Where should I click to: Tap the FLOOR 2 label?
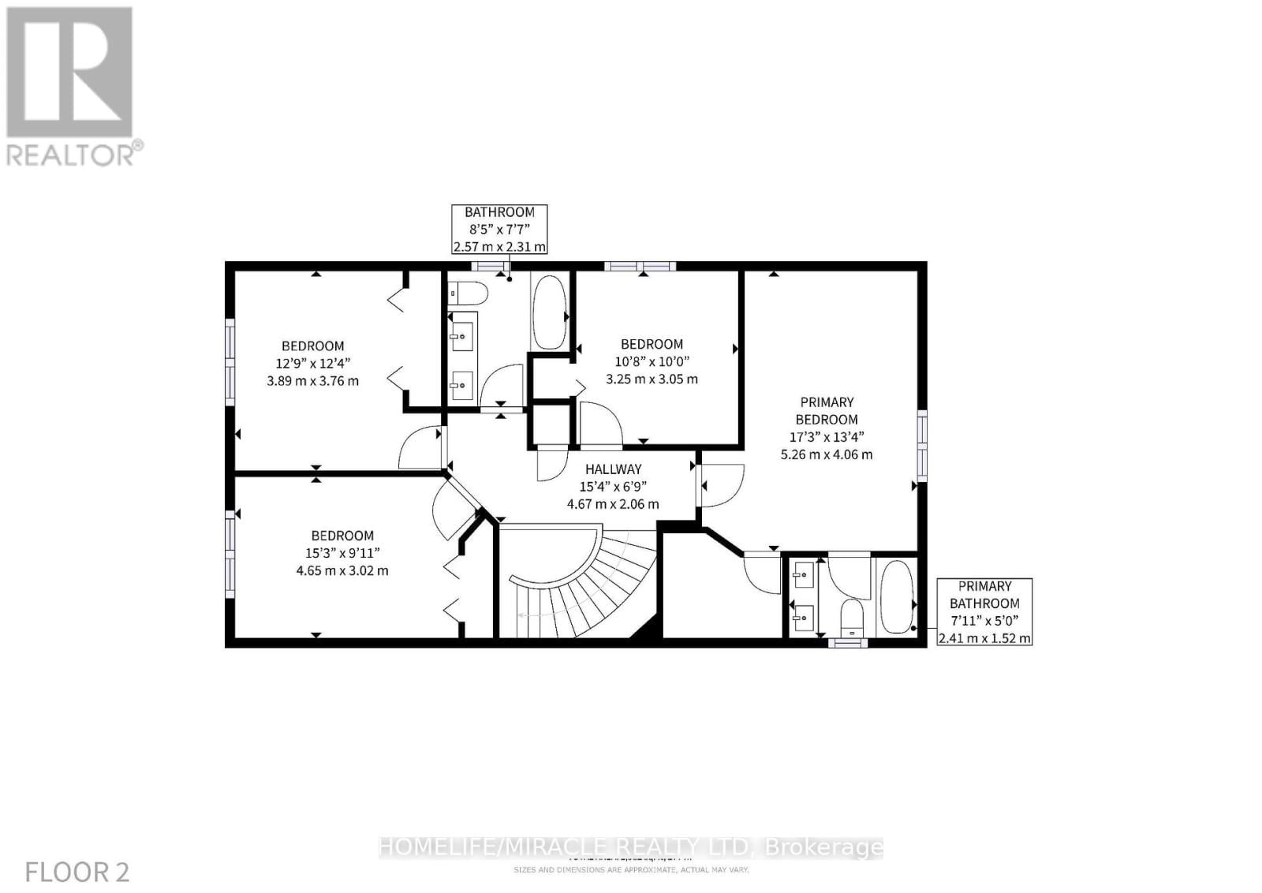pyautogui.click(x=77, y=872)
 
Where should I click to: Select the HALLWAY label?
pyautogui.click(x=613, y=469)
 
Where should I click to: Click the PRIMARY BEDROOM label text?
pyautogui.click(x=827, y=411)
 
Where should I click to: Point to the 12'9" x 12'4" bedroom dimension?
pyautogui.click(x=312, y=363)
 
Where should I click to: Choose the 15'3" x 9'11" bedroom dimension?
pyautogui.click(x=342, y=553)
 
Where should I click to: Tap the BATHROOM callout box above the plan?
pyautogui.click(x=499, y=229)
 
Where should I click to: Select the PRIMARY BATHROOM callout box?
pyautogui.click(x=984, y=612)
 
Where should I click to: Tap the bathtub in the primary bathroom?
pyautogui.click(x=896, y=597)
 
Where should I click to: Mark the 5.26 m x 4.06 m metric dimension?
pyautogui.click(x=827, y=454)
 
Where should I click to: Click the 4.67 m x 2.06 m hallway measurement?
pyautogui.click(x=613, y=504)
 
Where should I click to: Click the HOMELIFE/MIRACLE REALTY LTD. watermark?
pyautogui.click(x=631, y=848)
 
